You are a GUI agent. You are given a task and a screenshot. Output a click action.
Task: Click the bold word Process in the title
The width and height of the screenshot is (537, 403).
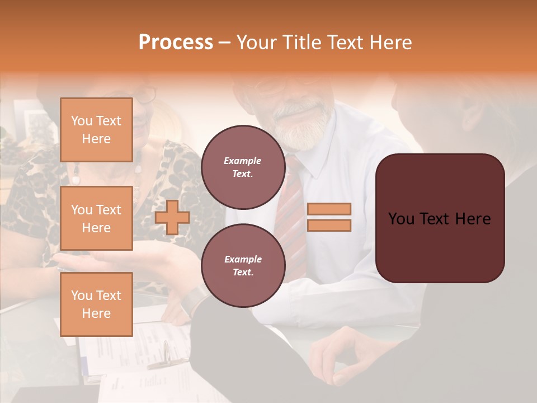coord(176,43)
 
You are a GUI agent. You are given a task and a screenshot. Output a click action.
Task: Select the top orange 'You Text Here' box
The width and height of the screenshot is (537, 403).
coord(96,130)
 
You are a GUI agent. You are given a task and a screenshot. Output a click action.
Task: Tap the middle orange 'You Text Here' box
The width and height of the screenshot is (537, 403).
coord(96,218)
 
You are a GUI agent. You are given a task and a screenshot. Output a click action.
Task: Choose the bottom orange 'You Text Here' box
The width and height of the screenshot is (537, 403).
coord(96,304)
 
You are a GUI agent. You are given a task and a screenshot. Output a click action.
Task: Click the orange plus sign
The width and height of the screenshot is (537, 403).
coord(172,217)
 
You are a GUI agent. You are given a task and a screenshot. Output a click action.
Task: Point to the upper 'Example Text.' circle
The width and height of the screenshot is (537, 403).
coord(243,167)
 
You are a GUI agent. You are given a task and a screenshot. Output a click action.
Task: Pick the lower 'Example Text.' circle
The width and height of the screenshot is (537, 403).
coord(243,265)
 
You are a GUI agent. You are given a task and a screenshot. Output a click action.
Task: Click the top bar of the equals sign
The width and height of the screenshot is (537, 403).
coord(329,209)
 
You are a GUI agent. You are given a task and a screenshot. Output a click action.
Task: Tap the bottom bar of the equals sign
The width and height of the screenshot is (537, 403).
coord(329,226)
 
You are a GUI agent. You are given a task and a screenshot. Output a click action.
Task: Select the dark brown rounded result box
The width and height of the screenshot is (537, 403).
coord(440,218)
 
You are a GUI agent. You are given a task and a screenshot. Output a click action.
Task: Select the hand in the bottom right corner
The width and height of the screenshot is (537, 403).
coord(336,358)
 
